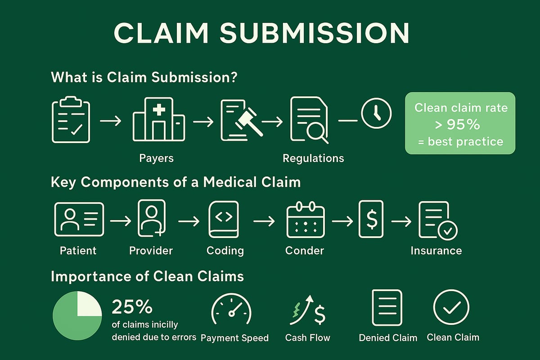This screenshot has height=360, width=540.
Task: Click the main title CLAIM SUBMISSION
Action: (x=261, y=33)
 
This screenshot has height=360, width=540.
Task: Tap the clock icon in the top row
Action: (x=376, y=114)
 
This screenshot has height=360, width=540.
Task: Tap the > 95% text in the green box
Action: (x=460, y=125)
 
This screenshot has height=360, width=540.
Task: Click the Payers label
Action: (x=156, y=158)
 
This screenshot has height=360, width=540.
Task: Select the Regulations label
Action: (x=313, y=158)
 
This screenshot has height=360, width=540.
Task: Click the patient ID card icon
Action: (x=79, y=219)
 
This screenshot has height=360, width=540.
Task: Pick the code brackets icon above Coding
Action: (x=224, y=219)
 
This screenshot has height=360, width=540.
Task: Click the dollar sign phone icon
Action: (x=370, y=219)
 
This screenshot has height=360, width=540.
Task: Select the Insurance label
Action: (x=436, y=251)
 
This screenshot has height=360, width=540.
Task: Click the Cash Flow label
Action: (x=308, y=337)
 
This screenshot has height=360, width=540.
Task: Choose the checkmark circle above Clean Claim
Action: (x=451, y=307)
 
